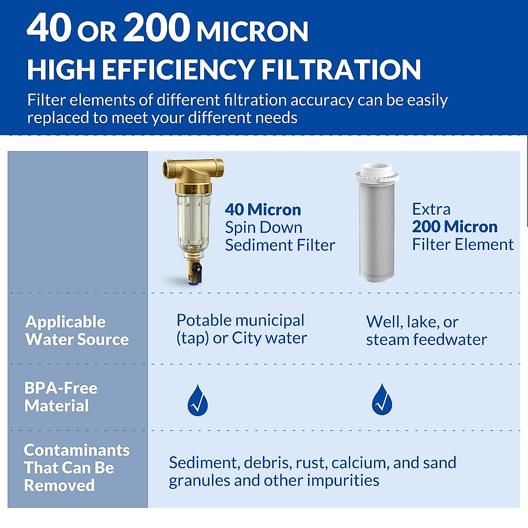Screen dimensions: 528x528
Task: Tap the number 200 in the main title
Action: (156, 28)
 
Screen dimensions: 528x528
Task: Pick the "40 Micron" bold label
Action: (263, 210)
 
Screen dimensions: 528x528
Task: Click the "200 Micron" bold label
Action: (455, 227)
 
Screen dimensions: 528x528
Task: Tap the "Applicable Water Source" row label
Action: (77, 330)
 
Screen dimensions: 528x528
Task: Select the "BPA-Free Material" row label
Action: (61, 396)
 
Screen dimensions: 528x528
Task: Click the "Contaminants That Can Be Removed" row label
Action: (77, 467)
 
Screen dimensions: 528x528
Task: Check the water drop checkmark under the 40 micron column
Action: (198, 401)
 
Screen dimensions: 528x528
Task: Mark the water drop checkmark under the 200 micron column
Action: (382, 400)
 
